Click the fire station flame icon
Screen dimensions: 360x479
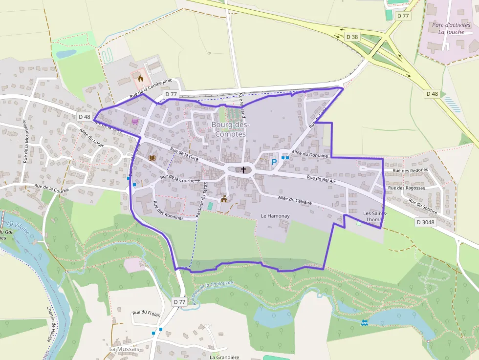pos(141,78)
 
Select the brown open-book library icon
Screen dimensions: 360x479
pos(152,158)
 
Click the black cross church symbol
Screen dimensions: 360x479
pos(243,169)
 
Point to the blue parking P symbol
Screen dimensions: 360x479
pos(274,162)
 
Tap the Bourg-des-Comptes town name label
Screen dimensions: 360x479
pos(230,129)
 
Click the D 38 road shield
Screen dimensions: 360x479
pos(352,37)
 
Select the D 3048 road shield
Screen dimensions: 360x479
pos(426,222)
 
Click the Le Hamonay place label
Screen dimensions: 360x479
pos(276,215)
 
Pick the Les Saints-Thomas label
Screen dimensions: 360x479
pos(375,216)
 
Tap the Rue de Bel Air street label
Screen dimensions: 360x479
pos(321,179)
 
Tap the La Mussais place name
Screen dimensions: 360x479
pos(124,349)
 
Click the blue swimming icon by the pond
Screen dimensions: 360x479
pos(364,322)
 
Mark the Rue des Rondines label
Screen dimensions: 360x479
pos(168,211)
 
